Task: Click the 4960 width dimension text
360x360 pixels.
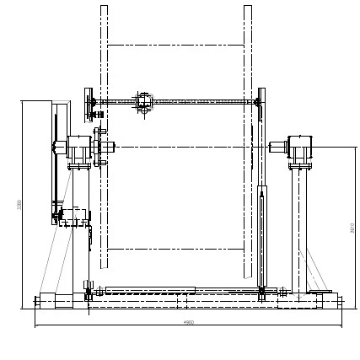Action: pos(189,322)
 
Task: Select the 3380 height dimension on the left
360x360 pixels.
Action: pos(19,204)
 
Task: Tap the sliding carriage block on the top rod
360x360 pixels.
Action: pos(143,102)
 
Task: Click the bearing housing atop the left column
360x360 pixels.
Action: pos(79,148)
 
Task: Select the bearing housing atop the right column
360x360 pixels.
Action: pos(300,148)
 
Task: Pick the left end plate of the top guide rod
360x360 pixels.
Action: pos(89,104)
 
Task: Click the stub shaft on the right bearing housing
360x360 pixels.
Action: pos(277,147)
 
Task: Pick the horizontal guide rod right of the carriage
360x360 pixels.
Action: pos(202,102)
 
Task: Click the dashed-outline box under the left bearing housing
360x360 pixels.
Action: pos(75,216)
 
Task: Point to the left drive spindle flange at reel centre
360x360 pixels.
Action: pos(99,147)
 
